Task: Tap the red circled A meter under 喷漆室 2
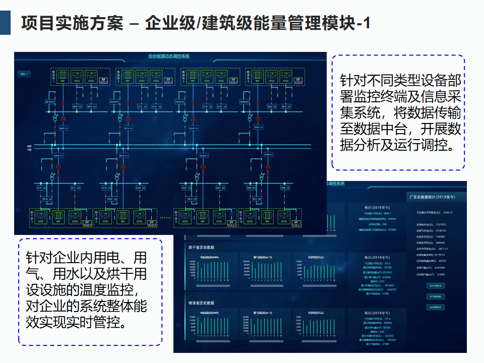129,119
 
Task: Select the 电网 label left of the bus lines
29,146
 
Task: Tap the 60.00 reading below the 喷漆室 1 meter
63,129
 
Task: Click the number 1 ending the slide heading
367,23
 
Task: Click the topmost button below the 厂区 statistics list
435,285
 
